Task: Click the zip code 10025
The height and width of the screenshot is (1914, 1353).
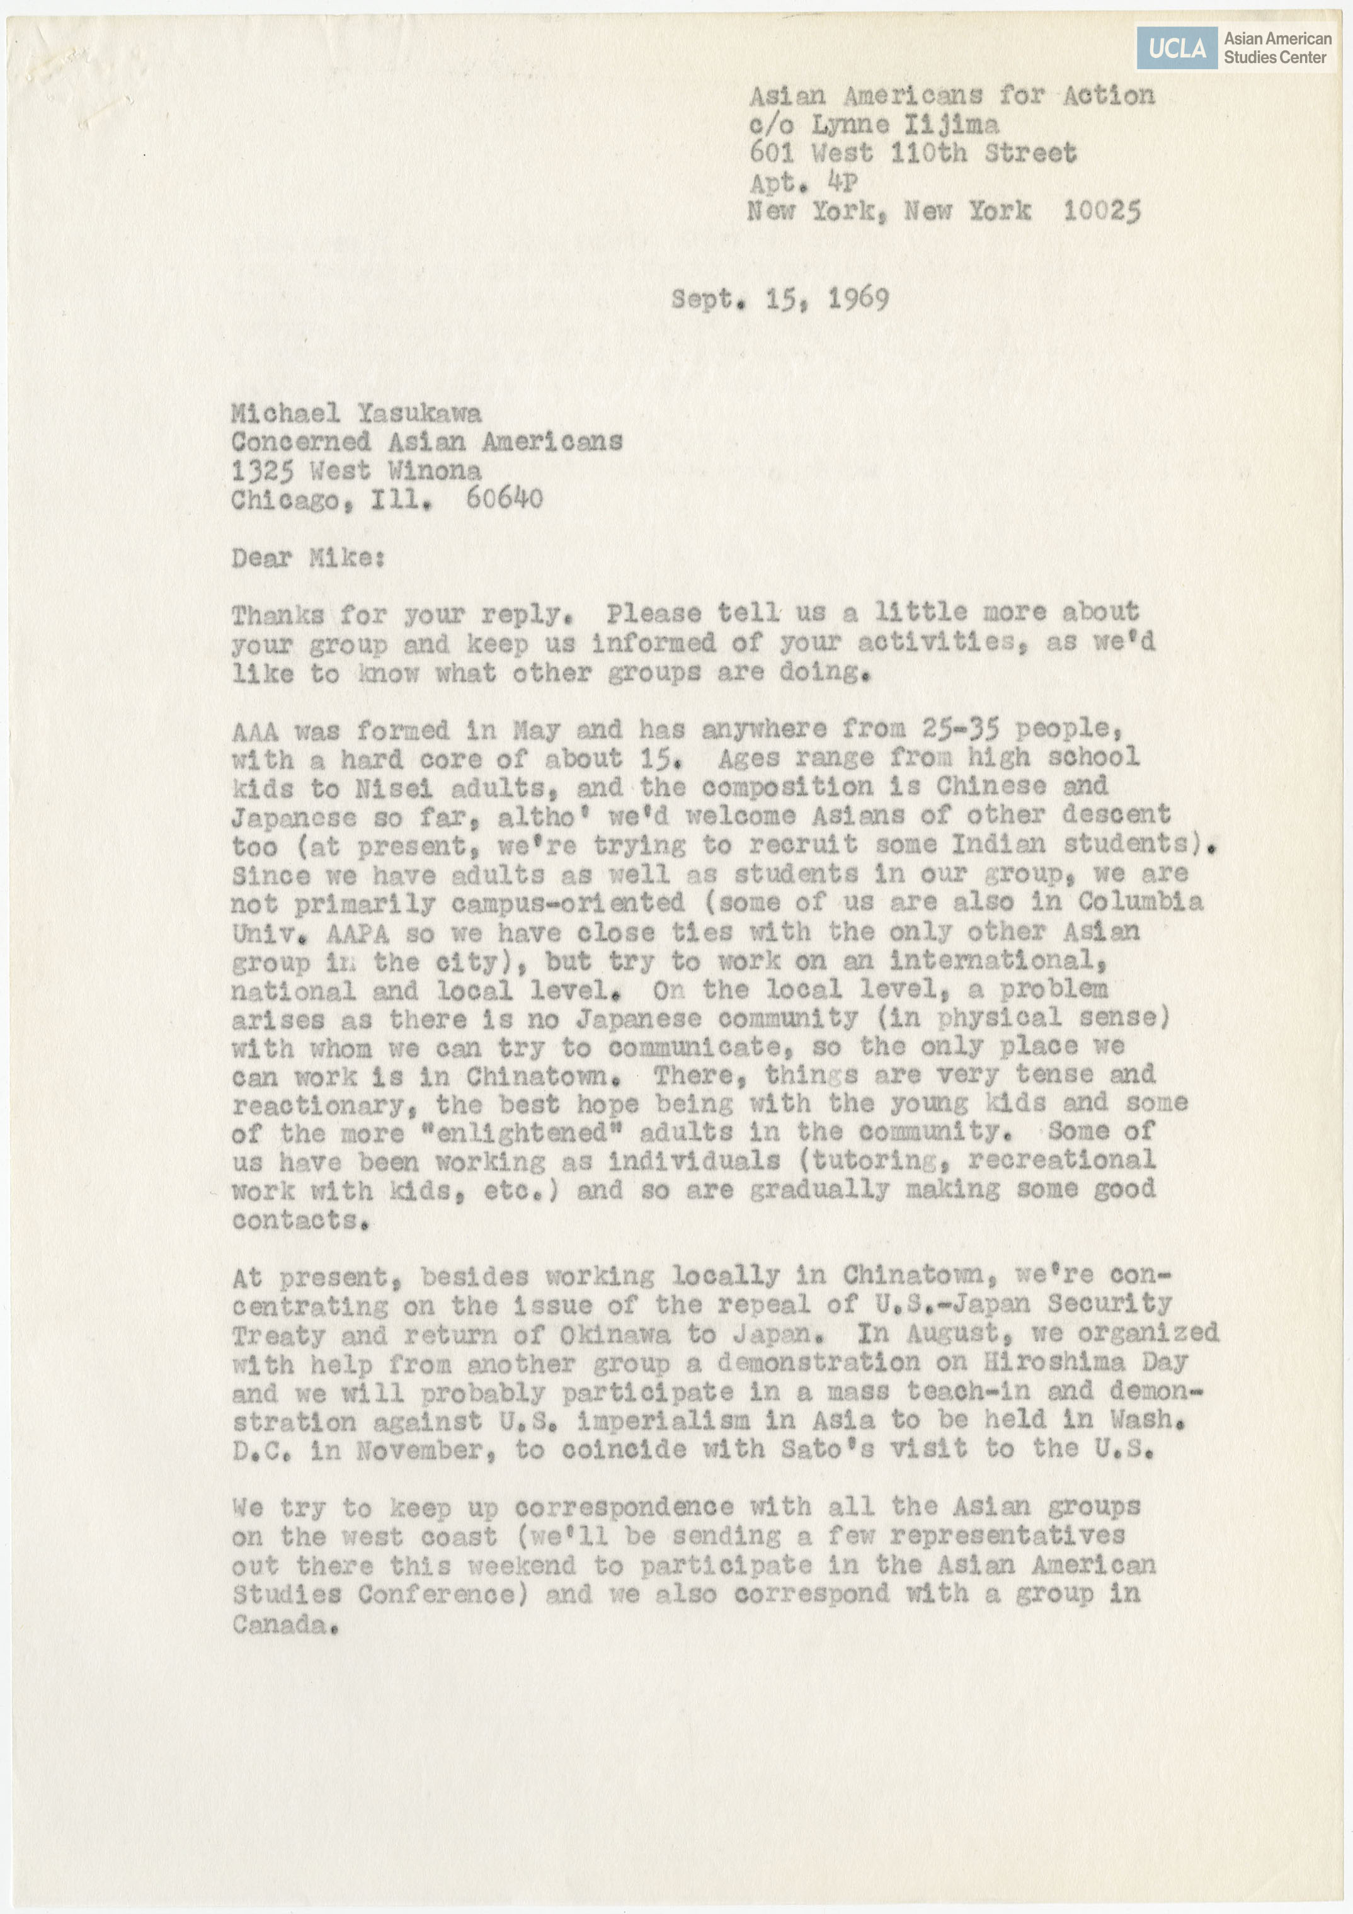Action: (1101, 211)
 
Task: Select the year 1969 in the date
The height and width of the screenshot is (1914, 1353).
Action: (858, 299)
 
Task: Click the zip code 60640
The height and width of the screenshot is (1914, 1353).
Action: (505, 499)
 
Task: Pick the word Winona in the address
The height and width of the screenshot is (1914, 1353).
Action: (435, 470)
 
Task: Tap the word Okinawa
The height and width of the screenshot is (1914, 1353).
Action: (614, 1335)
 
